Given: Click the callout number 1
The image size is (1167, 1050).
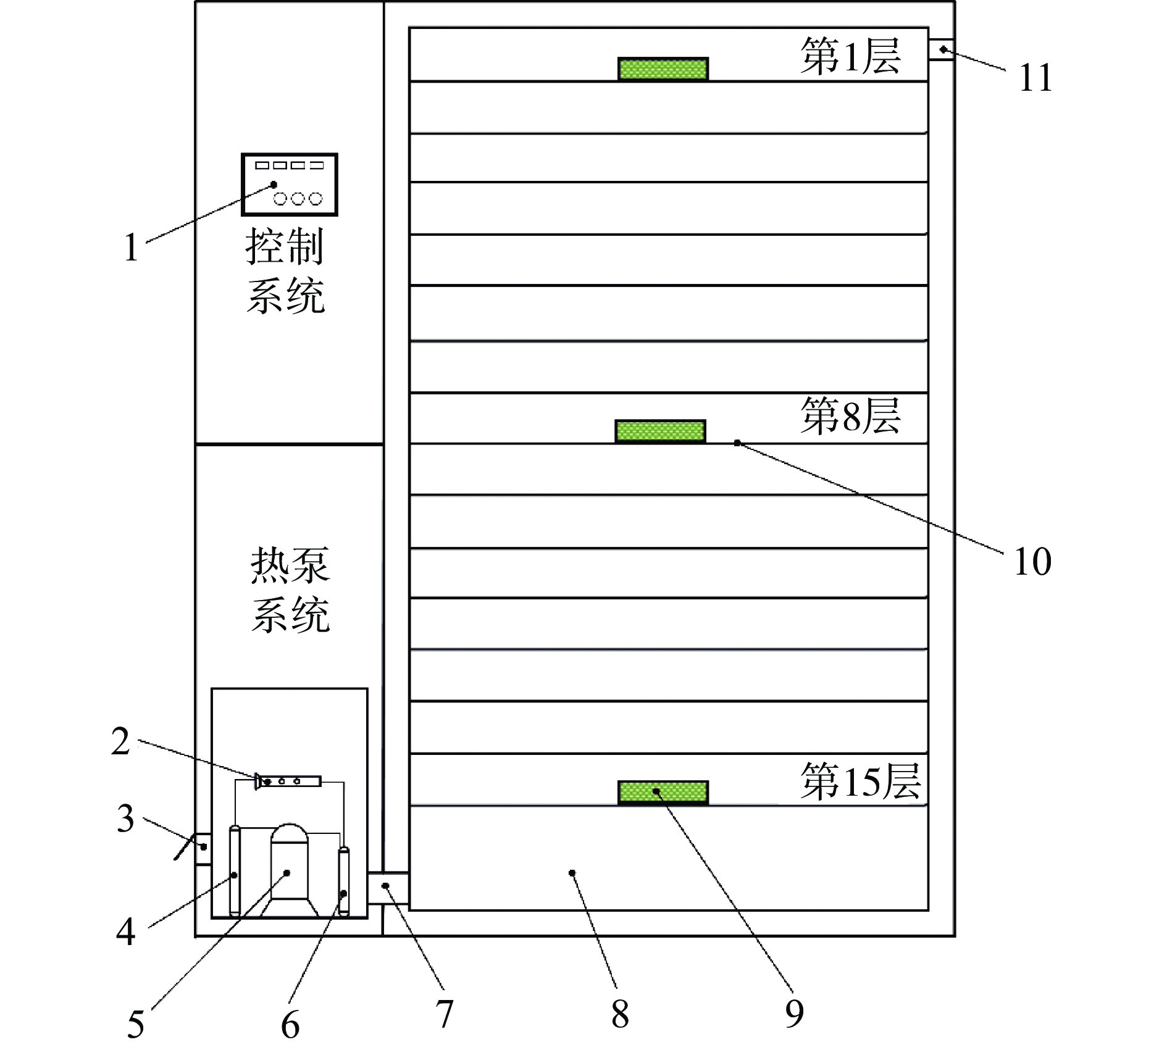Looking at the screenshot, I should [131, 248].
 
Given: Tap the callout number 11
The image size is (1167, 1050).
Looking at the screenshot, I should [1035, 79].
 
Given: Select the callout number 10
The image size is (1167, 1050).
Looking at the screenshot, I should [1032, 562].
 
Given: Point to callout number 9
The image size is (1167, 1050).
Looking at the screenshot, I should [794, 1014].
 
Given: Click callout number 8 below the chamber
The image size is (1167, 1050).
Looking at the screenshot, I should [620, 1014].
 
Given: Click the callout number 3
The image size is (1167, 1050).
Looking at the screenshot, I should [126, 820].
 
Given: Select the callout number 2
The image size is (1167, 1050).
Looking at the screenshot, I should [121, 742].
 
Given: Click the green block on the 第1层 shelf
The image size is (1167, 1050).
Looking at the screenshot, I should [663, 69].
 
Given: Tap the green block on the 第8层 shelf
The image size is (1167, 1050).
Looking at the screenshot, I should [660, 431].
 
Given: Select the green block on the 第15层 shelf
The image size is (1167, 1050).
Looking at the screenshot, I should [663, 793].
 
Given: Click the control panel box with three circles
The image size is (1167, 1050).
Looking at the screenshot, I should [289, 184].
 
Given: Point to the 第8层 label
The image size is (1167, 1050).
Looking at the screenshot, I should [850, 416].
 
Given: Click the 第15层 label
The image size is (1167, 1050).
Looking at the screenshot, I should [860, 781].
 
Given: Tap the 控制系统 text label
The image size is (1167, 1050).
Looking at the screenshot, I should [285, 271].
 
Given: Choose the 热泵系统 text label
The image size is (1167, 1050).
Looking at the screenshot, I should [290, 590].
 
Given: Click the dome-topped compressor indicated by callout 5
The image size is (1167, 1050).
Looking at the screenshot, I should [288, 870].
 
